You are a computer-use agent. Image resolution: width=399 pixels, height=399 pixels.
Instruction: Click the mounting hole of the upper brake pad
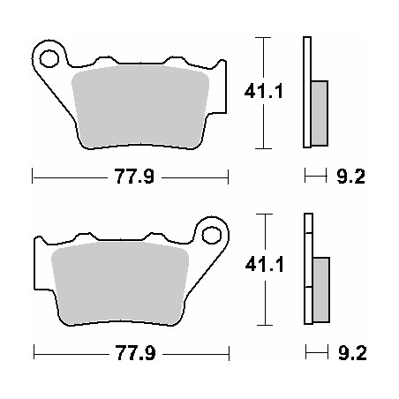[49, 58]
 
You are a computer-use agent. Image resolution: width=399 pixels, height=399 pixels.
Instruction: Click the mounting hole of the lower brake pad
[212, 235]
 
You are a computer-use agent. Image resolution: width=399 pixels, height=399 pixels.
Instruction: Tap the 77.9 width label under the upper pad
[134, 177]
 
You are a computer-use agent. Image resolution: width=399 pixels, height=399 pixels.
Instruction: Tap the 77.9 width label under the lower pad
[135, 353]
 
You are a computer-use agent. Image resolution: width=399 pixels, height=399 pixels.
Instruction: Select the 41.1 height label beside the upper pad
[264, 91]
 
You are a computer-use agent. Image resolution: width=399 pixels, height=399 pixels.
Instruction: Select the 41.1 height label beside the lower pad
[265, 264]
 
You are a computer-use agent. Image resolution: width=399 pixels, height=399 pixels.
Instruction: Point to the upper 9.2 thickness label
[350, 177]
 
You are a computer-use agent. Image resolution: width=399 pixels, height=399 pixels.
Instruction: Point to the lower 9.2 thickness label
[352, 353]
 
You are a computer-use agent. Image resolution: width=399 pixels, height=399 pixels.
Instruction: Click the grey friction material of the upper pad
[140, 107]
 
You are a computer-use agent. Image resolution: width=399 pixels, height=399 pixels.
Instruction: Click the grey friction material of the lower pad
[120, 283]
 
